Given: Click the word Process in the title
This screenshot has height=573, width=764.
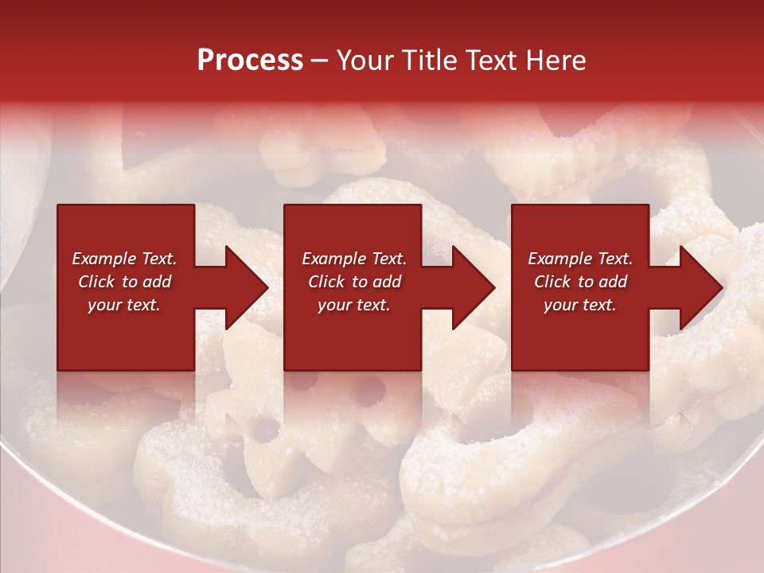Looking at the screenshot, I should click(250, 60).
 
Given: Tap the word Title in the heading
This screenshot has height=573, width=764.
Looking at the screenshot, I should click(429, 60).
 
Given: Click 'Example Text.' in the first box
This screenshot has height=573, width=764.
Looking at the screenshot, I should click(124, 259).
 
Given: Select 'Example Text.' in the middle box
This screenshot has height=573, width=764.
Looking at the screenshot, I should click(354, 259).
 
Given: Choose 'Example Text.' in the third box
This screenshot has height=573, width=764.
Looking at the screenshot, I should click(580, 259).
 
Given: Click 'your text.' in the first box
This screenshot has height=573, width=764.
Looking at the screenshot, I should click(124, 305).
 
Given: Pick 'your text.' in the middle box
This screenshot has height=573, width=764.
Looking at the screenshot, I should click(354, 305).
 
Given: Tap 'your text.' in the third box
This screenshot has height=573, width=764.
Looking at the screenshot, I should click(580, 305).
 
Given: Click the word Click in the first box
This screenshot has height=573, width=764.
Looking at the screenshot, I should click(95, 282).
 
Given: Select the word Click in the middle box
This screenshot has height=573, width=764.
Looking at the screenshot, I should click(325, 282).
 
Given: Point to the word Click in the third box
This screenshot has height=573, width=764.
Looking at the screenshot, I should click(552, 282).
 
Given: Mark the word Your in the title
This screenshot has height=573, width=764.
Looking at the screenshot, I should click(362, 60).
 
